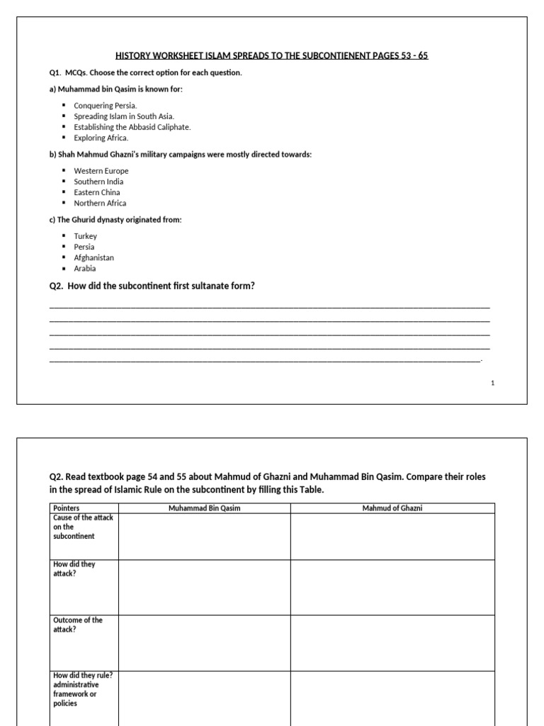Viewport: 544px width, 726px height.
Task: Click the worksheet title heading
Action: pos(272,55)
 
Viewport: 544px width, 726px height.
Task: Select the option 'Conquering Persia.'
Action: pos(106,106)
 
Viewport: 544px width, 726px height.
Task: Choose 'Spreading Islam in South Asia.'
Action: pos(124,116)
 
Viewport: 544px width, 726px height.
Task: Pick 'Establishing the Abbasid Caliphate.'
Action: pos(132,127)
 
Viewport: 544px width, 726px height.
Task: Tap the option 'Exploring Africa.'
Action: pos(101,138)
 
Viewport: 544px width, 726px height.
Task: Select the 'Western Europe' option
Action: pos(101,171)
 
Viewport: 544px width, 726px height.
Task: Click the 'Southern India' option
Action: pos(98,181)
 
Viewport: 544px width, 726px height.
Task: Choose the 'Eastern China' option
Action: pos(97,192)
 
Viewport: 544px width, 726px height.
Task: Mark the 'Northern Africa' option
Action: pos(100,203)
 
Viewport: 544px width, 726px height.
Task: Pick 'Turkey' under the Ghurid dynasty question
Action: pos(86,236)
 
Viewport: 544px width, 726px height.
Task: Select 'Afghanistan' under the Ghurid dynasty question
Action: pos(93,258)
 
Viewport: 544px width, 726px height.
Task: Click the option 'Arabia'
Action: pos(85,269)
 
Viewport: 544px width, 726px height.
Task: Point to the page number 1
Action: pos(492,383)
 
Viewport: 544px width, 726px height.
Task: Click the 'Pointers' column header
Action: pos(67,508)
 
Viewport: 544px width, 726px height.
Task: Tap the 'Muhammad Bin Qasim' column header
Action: pos(204,508)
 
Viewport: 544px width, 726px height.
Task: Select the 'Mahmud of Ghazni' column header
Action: pos(392,508)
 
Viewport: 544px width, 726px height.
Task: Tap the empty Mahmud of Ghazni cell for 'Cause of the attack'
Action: pos(392,537)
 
